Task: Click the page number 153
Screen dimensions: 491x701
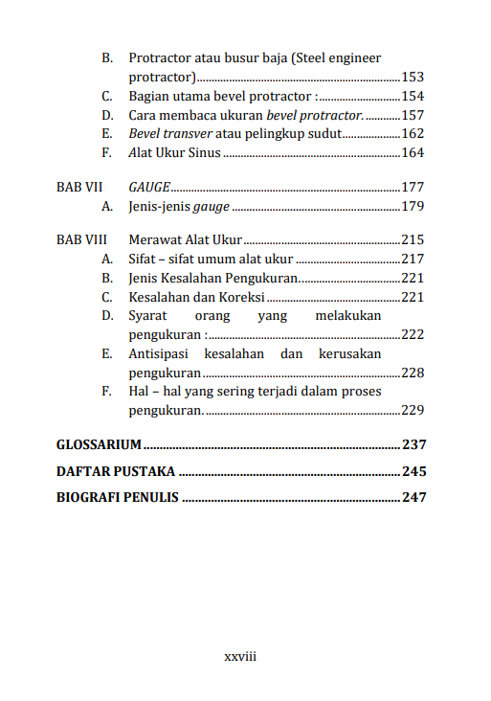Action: click(x=413, y=78)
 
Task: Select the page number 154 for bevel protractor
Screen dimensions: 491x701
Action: click(x=413, y=97)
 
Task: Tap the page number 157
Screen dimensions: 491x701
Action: click(x=413, y=115)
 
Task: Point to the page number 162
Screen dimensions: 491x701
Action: click(x=413, y=134)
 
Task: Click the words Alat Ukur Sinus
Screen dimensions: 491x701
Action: click(x=174, y=153)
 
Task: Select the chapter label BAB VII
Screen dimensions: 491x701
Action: click(x=79, y=187)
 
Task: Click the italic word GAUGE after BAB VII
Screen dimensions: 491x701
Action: click(x=149, y=187)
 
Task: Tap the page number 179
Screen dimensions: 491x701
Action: click(x=413, y=206)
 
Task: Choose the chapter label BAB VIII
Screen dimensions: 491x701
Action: click(x=81, y=239)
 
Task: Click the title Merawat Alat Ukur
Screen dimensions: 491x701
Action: click(x=186, y=239)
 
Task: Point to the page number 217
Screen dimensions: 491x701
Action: click(x=413, y=259)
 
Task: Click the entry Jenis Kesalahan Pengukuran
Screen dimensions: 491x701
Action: click(x=213, y=278)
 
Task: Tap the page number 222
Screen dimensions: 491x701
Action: click(x=413, y=335)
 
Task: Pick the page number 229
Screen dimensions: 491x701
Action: click(x=413, y=411)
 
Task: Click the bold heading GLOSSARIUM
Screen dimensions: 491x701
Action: click(x=100, y=445)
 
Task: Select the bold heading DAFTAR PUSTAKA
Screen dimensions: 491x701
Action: click(x=116, y=471)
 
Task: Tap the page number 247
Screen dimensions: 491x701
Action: click(x=413, y=498)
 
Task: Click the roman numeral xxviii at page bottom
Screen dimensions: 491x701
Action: click(x=240, y=657)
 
